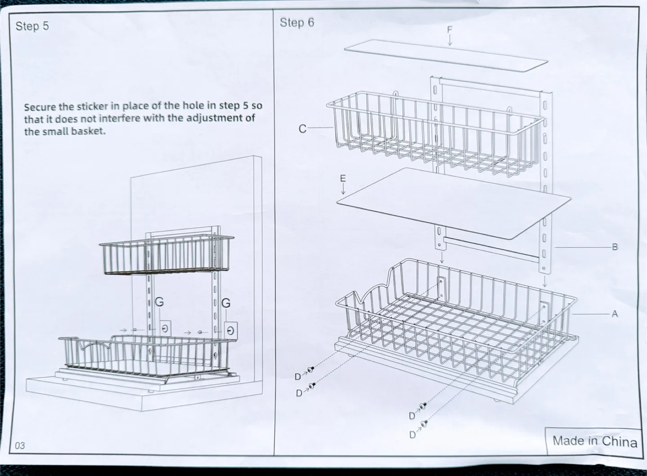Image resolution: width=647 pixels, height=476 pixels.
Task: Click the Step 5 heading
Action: tap(32, 26)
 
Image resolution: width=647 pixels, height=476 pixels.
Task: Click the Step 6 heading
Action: tap(297, 22)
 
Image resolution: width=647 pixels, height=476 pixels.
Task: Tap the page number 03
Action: tap(20, 446)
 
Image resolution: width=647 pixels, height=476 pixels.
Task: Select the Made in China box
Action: tap(594, 441)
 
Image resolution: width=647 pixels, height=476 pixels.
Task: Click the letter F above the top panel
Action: tap(450, 30)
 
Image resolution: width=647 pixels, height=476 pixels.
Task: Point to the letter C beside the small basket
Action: tap(303, 129)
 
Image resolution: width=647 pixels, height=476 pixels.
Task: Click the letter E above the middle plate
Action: tap(343, 178)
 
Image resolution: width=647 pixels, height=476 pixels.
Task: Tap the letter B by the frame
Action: tap(615, 247)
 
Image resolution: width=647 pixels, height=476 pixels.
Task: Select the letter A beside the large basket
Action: tap(615, 314)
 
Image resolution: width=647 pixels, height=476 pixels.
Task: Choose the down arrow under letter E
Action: tap(343, 189)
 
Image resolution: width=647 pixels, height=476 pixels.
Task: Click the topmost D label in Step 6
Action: tap(298, 376)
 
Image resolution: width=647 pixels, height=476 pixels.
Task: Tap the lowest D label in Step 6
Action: tap(412, 434)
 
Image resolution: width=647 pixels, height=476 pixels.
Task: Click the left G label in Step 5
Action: tap(159, 303)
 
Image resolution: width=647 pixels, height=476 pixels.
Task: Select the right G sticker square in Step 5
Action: tap(230, 331)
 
